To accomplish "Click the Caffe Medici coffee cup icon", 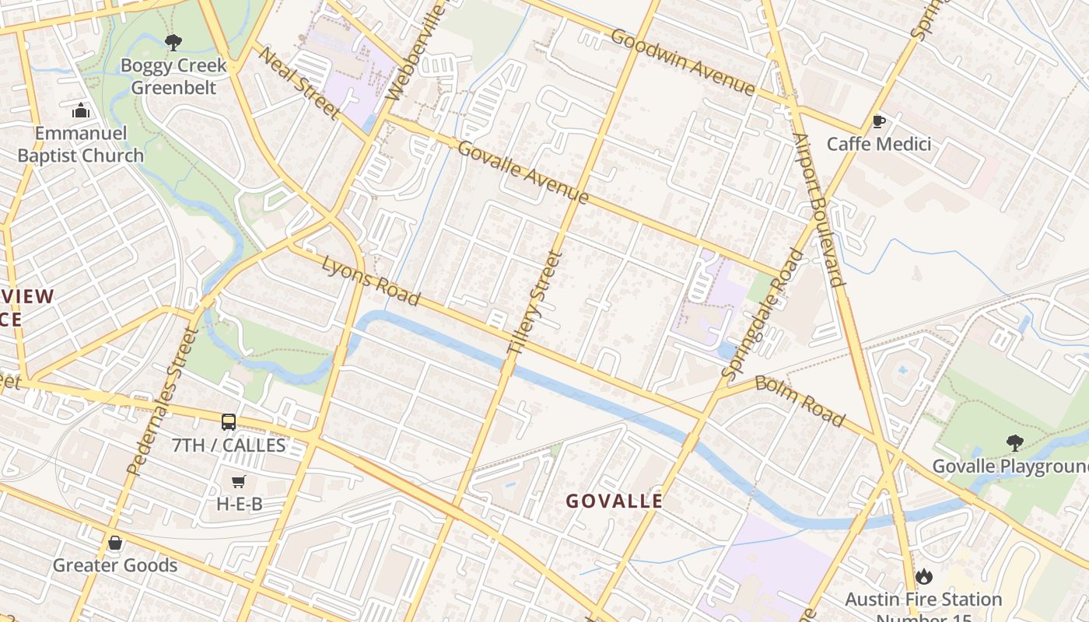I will point(878,121).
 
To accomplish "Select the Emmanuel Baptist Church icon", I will point(80,111).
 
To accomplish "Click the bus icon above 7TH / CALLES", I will point(229,422).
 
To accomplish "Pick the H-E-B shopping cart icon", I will point(239,481).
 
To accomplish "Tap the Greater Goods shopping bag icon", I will point(115,542).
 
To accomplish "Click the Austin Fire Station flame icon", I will point(923,576).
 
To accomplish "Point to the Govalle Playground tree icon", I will point(1014,443).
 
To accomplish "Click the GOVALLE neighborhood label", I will point(615,501).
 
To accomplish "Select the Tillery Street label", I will point(534,303).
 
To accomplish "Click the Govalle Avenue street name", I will point(523,172).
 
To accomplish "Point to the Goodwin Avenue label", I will point(683,62).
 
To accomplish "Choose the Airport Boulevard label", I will point(818,210).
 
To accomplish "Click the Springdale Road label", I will point(763,313).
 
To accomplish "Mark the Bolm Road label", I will point(800,400).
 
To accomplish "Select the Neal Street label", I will point(299,83).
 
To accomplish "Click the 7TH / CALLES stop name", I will point(229,446).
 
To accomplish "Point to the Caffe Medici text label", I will point(878,144).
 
